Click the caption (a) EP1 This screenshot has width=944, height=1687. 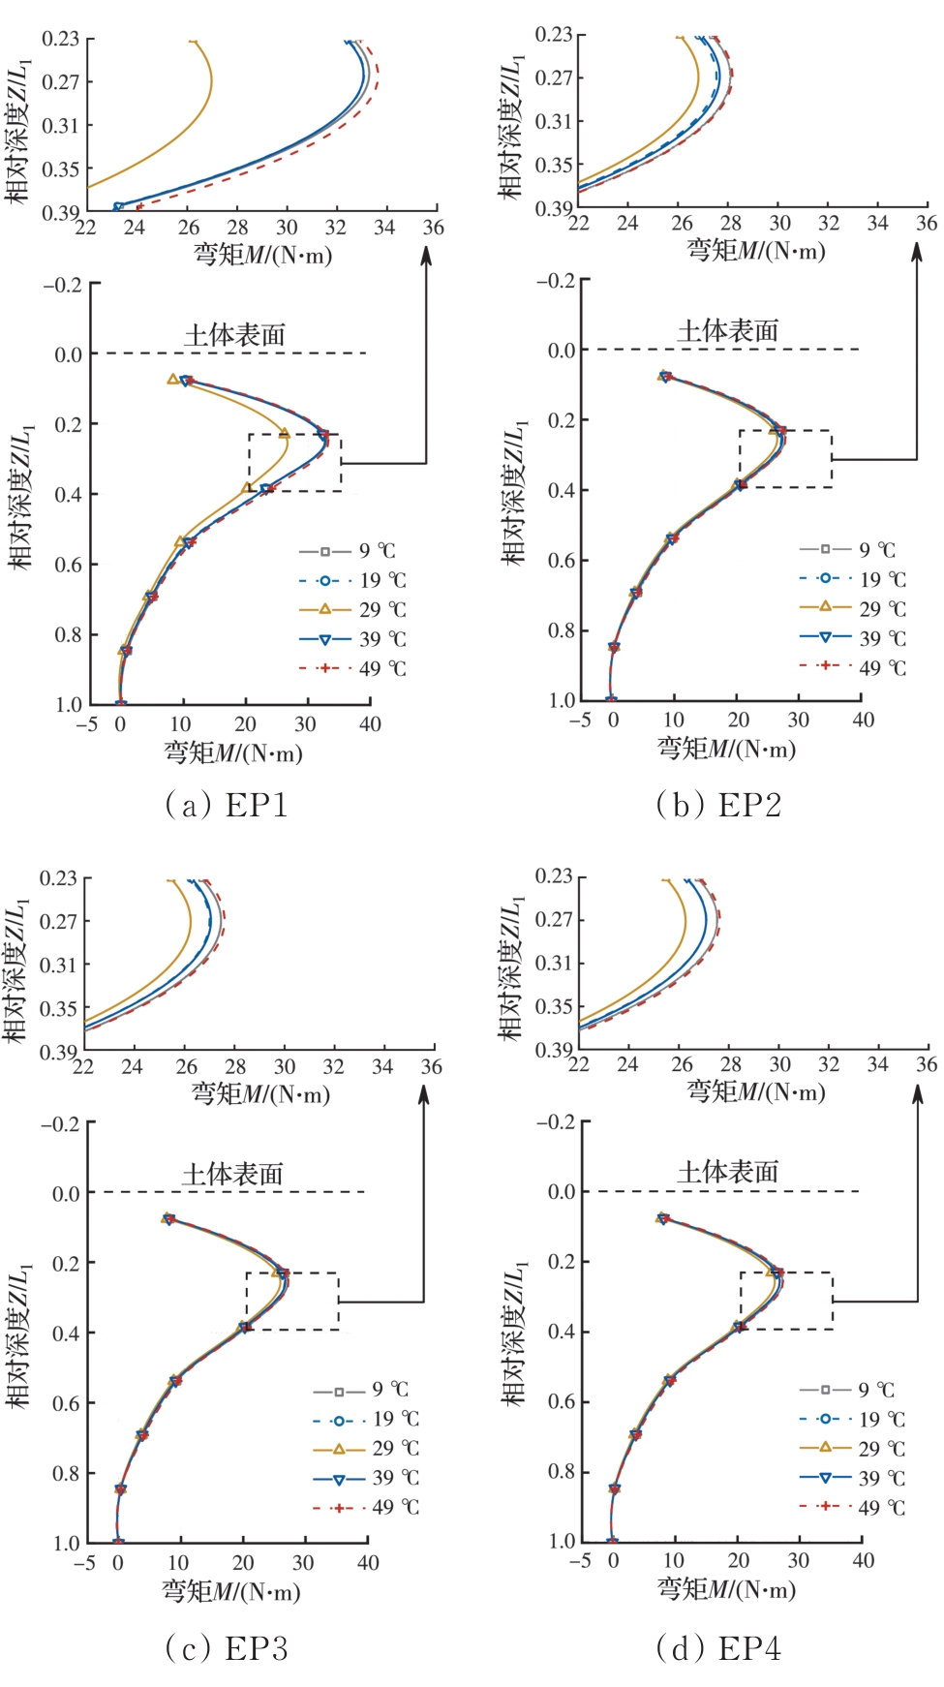coord(227,805)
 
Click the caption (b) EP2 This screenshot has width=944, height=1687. coord(718,805)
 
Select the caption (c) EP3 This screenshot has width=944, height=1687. coord(227,1648)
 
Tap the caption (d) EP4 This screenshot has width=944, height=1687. coord(718,1648)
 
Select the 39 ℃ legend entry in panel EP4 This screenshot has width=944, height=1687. coord(852,1478)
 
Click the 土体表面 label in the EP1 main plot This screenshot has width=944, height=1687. coord(235,335)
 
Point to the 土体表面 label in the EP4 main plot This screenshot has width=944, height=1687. coord(728,1172)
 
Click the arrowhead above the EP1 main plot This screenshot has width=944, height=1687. coord(426,256)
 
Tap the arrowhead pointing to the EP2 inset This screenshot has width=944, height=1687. coord(917,252)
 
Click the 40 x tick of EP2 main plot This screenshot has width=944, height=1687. coord(863,720)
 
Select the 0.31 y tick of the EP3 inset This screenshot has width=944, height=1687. coord(58,965)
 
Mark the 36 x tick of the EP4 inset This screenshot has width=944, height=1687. coord(927,1064)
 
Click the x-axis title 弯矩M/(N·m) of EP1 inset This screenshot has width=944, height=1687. coord(262,255)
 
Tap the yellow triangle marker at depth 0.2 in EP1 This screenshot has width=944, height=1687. coord(284,433)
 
